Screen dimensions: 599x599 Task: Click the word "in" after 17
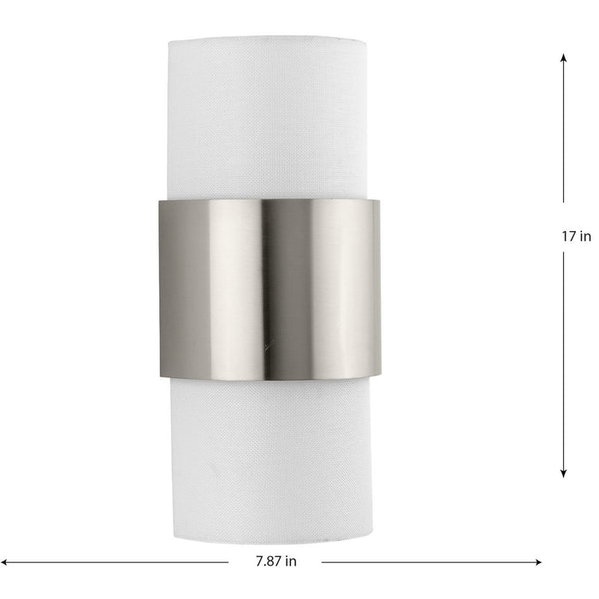(585, 237)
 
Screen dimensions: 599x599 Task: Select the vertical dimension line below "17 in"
(564, 359)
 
